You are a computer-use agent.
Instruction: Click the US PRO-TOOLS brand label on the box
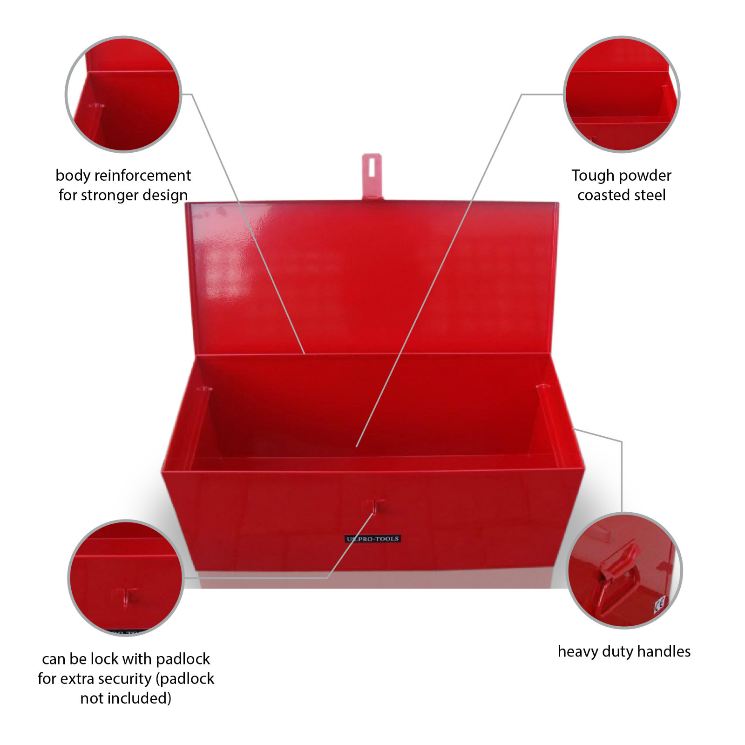(372, 539)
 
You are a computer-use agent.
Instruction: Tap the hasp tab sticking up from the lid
(372, 177)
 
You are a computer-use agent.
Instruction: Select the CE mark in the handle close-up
(659, 605)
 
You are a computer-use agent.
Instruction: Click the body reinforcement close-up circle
(123, 94)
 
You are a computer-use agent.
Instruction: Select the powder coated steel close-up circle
(622, 94)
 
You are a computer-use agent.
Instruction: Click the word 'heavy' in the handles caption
(578, 651)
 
